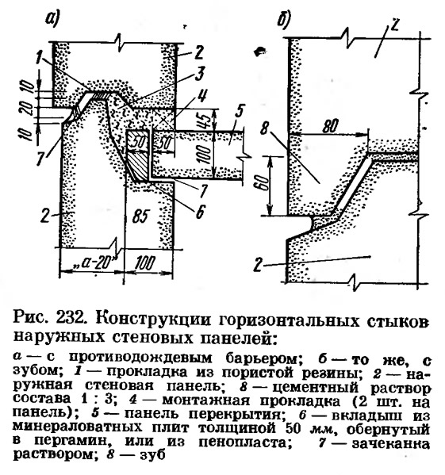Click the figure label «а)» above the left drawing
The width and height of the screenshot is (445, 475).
coord(52,19)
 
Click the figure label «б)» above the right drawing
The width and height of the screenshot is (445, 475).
coord(284,20)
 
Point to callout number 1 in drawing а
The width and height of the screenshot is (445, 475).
coord(40,57)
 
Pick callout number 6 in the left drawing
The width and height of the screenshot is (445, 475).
coord(200,212)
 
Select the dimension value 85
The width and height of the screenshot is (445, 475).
coord(140,217)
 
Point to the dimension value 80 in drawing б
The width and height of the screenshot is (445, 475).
coord(329,126)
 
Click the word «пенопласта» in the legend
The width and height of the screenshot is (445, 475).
coord(243,443)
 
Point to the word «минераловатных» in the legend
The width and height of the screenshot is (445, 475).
coord(77,428)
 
